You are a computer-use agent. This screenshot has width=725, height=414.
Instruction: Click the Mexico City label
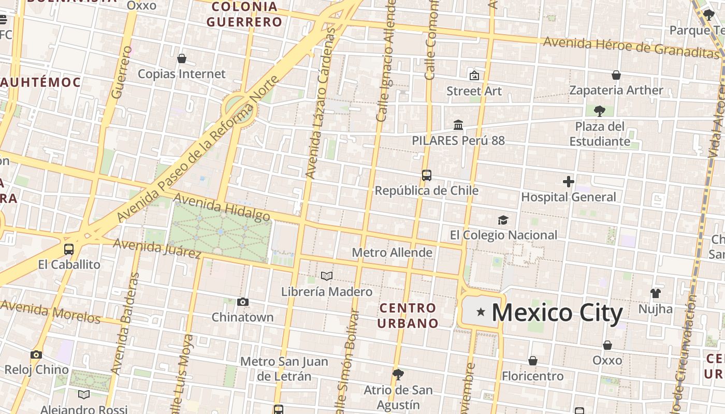coord(557,313)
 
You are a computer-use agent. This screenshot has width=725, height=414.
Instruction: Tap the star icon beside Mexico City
coord(481,312)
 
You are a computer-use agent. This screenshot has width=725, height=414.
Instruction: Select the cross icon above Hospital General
coord(569,182)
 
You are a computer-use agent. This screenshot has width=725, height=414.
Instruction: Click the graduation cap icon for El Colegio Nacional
coord(503,220)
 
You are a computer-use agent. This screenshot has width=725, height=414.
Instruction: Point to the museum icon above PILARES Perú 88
coord(458,125)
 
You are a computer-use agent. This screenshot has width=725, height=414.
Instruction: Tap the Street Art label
coord(474,91)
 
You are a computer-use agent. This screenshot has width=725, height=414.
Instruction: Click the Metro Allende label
coord(392,253)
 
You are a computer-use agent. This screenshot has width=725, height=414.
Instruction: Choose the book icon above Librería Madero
coord(326,276)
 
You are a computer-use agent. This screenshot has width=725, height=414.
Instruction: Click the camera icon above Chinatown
coord(242,302)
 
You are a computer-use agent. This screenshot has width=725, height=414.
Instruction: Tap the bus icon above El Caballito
coord(69,249)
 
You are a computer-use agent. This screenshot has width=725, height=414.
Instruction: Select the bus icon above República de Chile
coord(426,175)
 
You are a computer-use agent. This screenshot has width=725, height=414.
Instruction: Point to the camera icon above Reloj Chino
coord(36,354)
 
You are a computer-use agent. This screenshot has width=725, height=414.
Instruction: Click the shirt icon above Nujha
coord(655,293)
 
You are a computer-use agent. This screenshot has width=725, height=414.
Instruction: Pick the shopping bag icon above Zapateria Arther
coord(616,76)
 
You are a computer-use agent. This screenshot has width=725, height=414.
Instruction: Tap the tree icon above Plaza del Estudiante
coord(600,111)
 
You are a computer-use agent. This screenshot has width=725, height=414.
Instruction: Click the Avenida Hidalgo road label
coord(222,207)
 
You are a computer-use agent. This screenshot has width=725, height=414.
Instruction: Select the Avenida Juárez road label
coord(157,248)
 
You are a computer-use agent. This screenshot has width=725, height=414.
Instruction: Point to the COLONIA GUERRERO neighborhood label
coord(244,14)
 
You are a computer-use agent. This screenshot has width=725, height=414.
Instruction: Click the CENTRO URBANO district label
coord(408,316)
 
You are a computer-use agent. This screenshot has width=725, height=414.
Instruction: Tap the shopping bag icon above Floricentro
coord(532,361)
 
